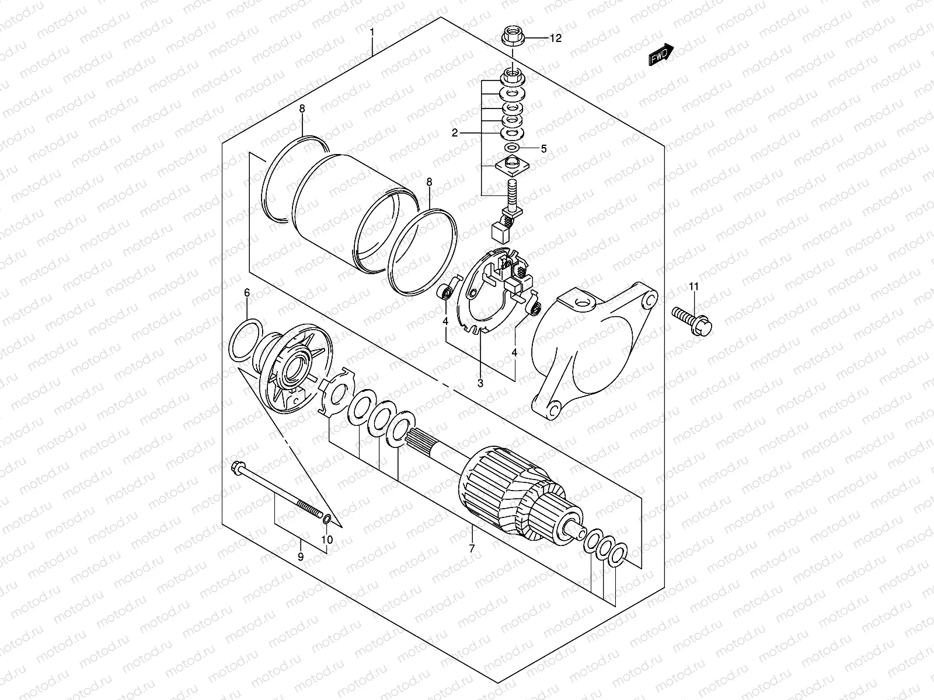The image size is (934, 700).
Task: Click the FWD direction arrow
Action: click(x=661, y=55)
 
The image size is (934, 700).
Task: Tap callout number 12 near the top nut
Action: click(x=555, y=38)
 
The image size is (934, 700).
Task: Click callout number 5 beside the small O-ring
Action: click(x=543, y=149)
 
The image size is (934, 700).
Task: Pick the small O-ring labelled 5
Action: click(x=513, y=148)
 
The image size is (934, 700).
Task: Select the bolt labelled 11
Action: click(x=693, y=320)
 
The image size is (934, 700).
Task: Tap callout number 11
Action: click(x=693, y=286)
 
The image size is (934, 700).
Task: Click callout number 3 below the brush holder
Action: click(x=480, y=383)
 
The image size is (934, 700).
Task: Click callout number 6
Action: click(x=246, y=292)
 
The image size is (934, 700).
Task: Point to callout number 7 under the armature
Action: click(x=472, y=548)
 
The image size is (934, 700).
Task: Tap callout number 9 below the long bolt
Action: click(x=301, y=556)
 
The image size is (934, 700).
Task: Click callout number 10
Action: click(x=327, y=540)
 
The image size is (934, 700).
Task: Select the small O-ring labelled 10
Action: click(x=328, y=519)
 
